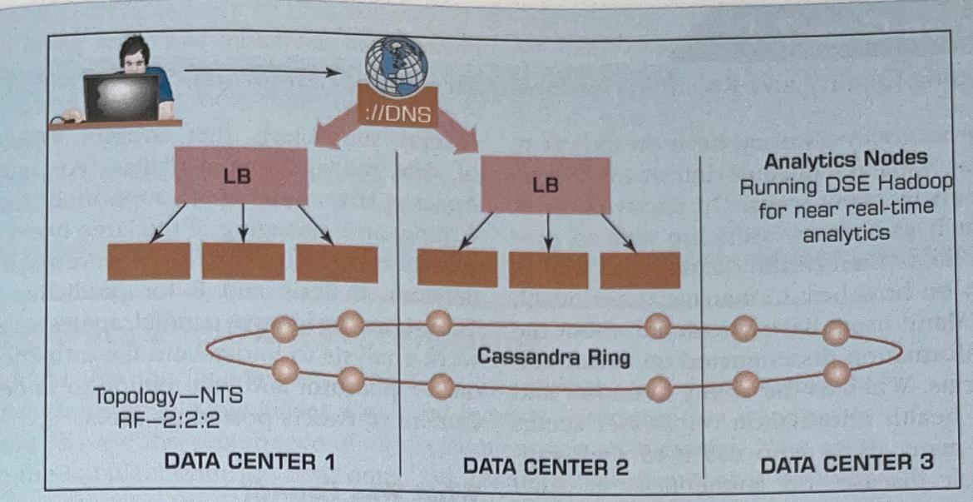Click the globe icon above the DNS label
pos(396,65)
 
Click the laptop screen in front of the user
pos(121,97)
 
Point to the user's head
pos(135,56)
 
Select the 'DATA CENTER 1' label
pos(250,460)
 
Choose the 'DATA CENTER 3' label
pos(846,462)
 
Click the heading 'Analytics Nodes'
pos(846,159)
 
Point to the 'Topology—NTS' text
pos(168,397)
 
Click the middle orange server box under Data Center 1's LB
pos(243,261)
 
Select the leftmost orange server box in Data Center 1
pos(148,261)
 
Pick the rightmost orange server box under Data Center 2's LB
pos(640,269)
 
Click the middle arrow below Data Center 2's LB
pos(546,232)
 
